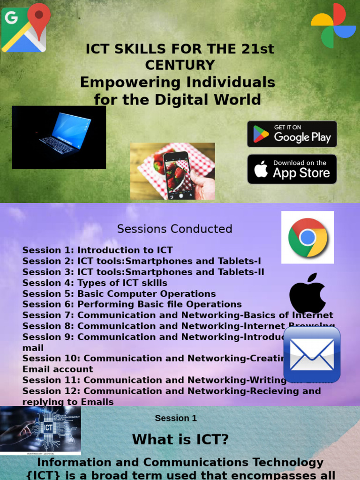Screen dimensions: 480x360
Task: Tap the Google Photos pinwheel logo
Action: coord(333,25)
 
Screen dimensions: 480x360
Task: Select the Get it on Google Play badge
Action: coord(292,134)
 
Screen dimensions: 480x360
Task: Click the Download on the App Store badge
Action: coord(292,169)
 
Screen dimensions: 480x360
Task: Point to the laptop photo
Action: coord(59,137)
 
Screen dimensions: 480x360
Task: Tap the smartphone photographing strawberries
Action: coord(172,171)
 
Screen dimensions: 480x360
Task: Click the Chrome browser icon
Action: coord(307,237)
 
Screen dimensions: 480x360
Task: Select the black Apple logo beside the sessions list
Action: coord(307,293)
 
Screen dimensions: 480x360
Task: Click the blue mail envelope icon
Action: coord(312,354)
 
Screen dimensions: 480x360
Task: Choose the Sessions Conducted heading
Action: coord(174,229)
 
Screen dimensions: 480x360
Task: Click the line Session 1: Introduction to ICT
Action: coord(97,250)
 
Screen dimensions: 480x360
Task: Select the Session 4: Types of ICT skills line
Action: coord(95,283)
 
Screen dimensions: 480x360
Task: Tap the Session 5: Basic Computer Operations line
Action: coord(119,294)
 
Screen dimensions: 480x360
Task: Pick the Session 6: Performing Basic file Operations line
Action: coord(132,305)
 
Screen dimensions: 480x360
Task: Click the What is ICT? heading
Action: coord(180,440)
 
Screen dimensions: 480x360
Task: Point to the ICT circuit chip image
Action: coord(41,430)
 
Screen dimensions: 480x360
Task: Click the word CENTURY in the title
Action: coord(180,65)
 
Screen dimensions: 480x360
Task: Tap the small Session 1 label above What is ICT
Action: coord(176,418)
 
